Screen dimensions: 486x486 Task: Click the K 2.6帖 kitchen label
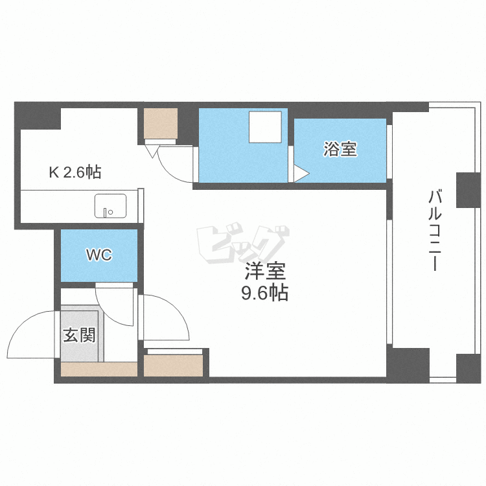pos(75,172)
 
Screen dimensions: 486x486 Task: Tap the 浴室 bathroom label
pos(340,149)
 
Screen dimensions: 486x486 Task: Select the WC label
pos(99,255)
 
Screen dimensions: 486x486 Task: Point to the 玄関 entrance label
pos(79,335)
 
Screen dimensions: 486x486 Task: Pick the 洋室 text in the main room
pos(265,271)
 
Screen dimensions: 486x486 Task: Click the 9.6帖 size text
pos(264,292)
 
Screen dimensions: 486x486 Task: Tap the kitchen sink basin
pos(110,206)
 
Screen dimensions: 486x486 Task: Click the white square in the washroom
pos(265,127)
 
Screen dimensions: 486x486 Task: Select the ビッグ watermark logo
pos(243,243)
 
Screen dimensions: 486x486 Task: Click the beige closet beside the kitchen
pos(161,123)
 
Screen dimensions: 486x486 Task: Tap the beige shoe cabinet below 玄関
pos(99,369)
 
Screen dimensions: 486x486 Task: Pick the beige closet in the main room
pos(173,365)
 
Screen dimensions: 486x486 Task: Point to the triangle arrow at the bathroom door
pos(301,174)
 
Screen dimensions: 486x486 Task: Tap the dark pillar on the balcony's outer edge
pos(469,190)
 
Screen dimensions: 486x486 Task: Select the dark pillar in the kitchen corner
pos(38,116)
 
